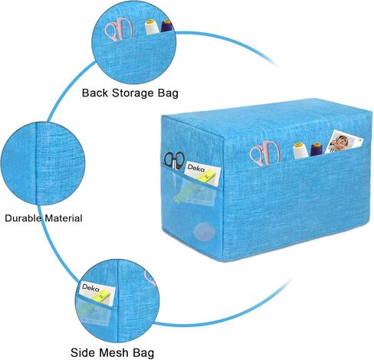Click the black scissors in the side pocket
tap(174, 160)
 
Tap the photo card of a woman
tap(344, 141)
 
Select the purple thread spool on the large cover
tap(317, 149)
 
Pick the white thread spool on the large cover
tap(300, 151)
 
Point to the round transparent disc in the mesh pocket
tap(204, 231)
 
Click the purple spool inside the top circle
tap(167, 26)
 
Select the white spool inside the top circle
tap(152, 28)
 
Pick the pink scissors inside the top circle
tap(119, 30)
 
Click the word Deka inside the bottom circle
tap(90, 288)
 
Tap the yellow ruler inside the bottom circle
tap(101, 295)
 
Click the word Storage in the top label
tap(133, 93)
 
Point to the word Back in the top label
tap(95, 93)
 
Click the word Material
tap(64, 218)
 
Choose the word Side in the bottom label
tap(83, 352)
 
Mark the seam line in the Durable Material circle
tap(37, 163)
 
